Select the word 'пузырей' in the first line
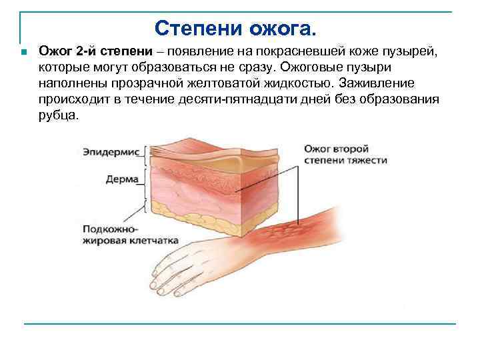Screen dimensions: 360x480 (x=413, y=52)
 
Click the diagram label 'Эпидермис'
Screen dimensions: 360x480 (x=111, y=152)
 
